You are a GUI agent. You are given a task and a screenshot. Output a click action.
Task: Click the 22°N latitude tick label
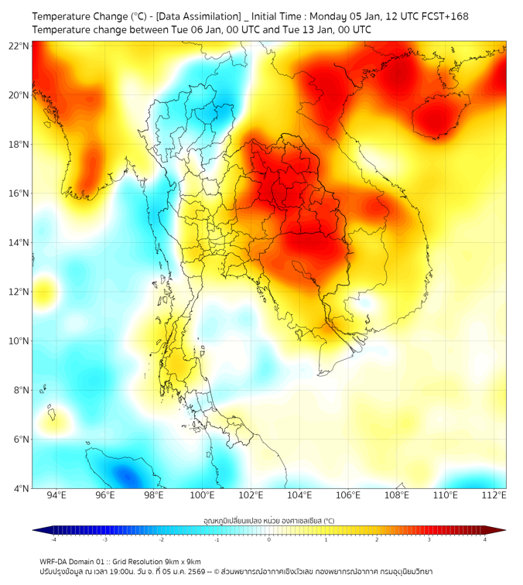[19, 46]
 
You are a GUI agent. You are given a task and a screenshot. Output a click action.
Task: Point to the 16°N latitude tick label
[19, 193]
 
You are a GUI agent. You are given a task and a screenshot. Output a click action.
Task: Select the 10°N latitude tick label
[19, 340]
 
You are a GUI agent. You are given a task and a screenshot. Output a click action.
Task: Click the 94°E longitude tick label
[56, 495]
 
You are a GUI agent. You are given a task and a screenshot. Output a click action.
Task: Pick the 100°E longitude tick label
[203, 495]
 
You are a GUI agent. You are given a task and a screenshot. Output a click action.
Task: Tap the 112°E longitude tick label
[494, 495]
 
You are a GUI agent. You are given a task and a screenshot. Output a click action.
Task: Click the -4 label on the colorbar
[53, 539]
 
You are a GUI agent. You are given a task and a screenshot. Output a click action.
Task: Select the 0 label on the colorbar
[269, 539]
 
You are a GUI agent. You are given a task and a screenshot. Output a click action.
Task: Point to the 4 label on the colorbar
[484, 539]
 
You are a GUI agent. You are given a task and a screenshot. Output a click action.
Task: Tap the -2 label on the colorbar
[161, 539]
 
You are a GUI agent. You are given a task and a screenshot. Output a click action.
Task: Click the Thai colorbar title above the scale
[268, 521]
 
